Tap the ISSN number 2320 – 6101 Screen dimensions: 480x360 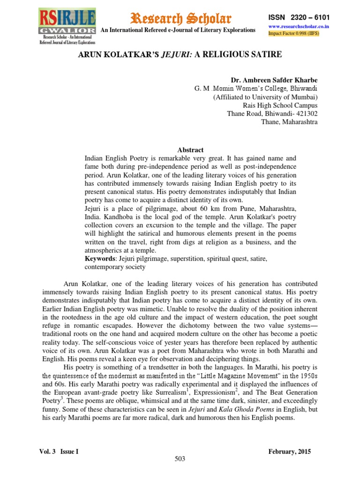click(299, 17)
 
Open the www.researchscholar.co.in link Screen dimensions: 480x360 click(299, 27)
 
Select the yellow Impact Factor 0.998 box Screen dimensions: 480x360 click(299, 34)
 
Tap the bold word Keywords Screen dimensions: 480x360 click(100, 258)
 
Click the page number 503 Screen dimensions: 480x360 click(180, 459)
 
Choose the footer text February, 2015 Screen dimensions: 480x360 click(289, 451)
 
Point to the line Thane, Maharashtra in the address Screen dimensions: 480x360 click(289, 122)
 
